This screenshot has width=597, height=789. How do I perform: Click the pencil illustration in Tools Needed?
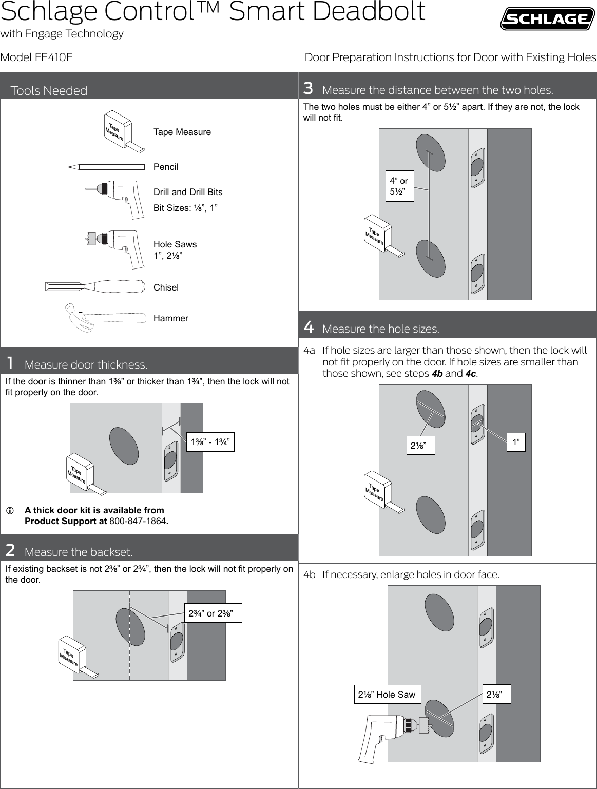click(106, 166)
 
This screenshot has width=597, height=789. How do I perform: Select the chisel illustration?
click(95, 287)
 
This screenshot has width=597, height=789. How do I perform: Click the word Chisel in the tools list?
click(166, 287)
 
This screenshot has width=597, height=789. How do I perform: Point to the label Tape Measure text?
click(182, 132)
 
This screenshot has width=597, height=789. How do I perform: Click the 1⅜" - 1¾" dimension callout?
click(210, 441)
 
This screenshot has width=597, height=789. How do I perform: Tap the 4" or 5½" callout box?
click(399, 186)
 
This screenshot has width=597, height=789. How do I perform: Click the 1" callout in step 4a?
click(515, 441)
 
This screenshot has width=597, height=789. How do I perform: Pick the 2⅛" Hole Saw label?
click(387, 695)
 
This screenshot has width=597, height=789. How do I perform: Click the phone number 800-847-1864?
click(138, 522)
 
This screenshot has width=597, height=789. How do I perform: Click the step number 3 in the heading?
click(308, 89)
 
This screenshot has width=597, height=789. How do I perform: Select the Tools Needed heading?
click(49, 91)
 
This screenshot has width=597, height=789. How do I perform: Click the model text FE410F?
click(53, 57)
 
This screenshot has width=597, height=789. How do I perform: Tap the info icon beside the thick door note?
click(9, 511)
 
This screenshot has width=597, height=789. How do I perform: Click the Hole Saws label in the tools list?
click(175, 244)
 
